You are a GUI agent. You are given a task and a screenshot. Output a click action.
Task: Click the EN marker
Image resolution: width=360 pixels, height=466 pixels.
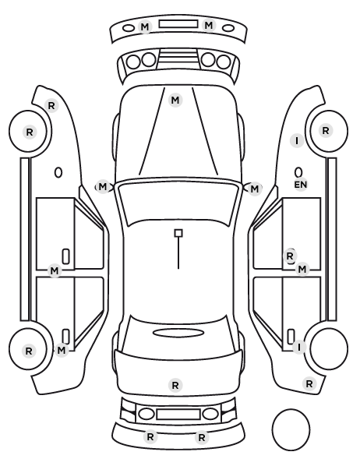click(x=301, y=185)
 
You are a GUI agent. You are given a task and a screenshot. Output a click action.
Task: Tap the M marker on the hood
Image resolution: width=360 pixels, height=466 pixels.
click(x=175, y=101)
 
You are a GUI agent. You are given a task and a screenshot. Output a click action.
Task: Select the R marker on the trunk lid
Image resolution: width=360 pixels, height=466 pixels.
click(x=175, y=385)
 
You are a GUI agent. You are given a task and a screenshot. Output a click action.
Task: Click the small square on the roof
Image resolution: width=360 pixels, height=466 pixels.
click(x=178, y=233)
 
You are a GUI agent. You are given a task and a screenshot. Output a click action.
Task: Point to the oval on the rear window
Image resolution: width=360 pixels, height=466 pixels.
click(x=178, y=333)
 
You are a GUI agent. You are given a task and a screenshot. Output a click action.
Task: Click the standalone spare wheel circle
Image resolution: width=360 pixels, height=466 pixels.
click(x=291, y=429)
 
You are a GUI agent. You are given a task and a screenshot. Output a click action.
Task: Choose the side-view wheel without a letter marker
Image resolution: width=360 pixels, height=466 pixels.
click(x=329, y=348)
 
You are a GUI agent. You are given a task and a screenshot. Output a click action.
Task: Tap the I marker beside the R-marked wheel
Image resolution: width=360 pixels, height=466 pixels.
click(x=297, y=140)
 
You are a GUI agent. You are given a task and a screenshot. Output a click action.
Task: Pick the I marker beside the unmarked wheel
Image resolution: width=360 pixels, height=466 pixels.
click(x=299, y=347)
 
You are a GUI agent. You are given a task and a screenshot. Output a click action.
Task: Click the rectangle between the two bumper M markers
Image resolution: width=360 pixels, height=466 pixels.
click(x=178, y=24)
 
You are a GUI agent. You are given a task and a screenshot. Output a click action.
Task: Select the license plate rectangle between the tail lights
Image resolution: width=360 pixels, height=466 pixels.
click(x=178, y=414)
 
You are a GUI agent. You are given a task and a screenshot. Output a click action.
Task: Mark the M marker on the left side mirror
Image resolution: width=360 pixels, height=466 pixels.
click(x=102, y=187)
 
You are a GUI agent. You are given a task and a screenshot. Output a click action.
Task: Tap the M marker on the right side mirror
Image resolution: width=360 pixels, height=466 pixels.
click(x=255, y=189)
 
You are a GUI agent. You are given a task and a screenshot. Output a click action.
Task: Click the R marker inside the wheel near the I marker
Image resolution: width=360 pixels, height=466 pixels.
click(x=326, y=130)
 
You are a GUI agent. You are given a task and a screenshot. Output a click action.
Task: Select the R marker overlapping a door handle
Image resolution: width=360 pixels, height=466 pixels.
click(x=290, y=256)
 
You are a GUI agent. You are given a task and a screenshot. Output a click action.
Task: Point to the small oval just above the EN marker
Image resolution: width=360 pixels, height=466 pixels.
click(x=298, y=172)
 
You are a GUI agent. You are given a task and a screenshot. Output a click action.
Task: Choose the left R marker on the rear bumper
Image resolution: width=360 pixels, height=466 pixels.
click(x=150, y=437)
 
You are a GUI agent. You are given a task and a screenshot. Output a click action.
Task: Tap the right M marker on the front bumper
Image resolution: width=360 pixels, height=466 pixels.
click(x=209, y=26)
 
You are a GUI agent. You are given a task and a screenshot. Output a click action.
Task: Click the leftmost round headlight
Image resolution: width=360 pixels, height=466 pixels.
click(x=133, y=62)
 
